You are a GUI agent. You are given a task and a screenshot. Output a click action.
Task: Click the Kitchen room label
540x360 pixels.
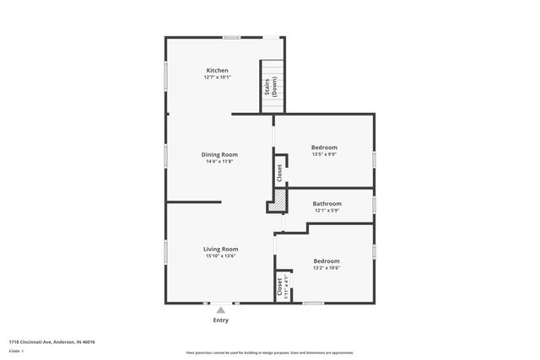point(218,70)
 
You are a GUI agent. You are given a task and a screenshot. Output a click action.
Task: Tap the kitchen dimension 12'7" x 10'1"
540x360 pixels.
point(218,78)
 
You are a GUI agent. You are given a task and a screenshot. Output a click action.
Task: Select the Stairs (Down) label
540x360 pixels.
point(273,87)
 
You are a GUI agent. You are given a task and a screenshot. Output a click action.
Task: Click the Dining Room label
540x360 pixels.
point(219,154)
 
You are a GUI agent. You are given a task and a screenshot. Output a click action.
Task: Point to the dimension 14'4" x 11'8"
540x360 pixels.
point(219,162)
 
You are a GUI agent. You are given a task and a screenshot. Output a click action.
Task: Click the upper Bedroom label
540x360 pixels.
point(326,147)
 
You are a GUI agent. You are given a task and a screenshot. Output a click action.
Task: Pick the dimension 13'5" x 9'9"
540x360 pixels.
point(326,154)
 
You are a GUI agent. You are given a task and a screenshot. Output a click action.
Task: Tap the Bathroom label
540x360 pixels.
point(327,203)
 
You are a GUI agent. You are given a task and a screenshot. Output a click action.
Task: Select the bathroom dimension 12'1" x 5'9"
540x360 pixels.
point(327,211)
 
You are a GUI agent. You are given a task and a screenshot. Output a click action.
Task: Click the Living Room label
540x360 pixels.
point(220,249)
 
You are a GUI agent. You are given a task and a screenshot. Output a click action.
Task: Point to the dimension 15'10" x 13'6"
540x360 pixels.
point(220,256)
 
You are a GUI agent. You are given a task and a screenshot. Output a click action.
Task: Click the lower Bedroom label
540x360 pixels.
point(327,261)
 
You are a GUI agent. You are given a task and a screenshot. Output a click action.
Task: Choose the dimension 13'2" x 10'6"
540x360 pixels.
point(327,268)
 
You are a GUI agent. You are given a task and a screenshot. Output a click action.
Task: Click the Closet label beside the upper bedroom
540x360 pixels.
point(280,173)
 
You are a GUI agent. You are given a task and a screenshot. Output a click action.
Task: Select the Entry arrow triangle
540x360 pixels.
point(220,310)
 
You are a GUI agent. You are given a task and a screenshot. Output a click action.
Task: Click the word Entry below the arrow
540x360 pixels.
point(220,320)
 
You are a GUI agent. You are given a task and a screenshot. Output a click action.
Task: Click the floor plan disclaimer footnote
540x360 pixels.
point(270,352)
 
